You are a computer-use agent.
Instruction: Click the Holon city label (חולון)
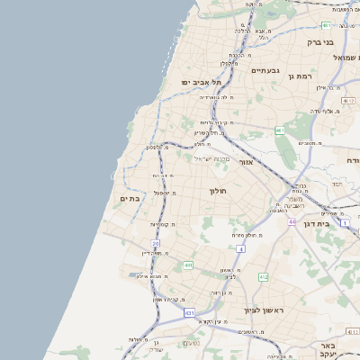tap(220, 191)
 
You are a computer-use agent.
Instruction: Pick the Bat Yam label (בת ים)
tap(130, 199)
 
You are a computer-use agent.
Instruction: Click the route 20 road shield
tap(155, 243)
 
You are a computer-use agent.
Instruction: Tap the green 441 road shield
tap(187, 265)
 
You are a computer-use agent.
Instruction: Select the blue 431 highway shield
tap(190, 312)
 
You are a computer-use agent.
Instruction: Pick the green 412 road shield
tap(263, 277)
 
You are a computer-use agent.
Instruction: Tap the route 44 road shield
tap(292, 220)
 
